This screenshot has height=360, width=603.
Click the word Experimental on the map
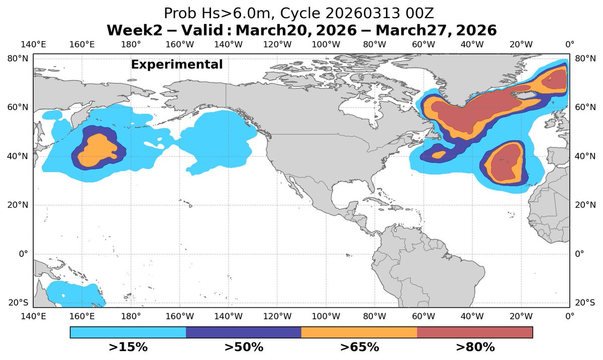177,65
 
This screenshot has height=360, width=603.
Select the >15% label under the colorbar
128,347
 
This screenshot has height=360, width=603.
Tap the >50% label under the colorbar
244,347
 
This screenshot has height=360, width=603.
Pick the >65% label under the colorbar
359,347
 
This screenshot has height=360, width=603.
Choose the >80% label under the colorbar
475,347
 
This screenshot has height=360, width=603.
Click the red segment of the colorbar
475,332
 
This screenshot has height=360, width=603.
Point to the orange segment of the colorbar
359,332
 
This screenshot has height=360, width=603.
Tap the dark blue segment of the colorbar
244,332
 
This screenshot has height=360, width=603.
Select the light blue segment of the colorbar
128,332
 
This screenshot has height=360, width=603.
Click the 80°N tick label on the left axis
18,59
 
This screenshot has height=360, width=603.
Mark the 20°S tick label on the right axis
584,303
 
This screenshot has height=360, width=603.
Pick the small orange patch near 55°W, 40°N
438,155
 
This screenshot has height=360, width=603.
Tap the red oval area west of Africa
504,163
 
